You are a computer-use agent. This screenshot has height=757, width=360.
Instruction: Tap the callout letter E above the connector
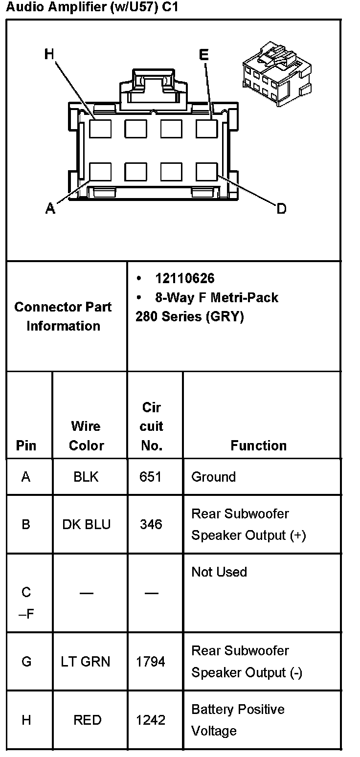click(204, 54)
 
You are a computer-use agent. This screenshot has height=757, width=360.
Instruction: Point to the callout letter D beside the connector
click(281, 209)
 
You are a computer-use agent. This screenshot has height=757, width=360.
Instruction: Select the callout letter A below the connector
click(50, 209)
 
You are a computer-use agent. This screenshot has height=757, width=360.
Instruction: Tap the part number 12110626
click(185, 278)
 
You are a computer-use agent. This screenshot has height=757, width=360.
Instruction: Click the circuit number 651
click(151, 477)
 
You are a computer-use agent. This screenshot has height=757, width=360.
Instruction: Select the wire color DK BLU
click(87, 524)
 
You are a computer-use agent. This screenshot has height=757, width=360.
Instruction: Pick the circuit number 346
click(151, 524)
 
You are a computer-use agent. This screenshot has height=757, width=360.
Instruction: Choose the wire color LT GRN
click(86, 662)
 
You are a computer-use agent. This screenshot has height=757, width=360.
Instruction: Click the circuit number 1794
click(151, 662)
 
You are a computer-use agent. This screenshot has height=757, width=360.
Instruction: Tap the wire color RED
click(87, 720)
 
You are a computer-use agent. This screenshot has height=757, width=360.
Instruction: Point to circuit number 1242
click(151, 720)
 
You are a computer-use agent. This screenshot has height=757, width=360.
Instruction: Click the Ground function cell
click(213, 477)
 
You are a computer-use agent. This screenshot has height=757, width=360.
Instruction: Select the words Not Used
click(219, 572)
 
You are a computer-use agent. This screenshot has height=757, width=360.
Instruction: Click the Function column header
click(258, 445)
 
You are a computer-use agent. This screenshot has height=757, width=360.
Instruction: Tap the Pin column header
click(26, 445)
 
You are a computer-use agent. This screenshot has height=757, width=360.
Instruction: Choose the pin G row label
click(26, 662)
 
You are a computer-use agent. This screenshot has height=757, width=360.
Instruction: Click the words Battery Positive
click(238, 709)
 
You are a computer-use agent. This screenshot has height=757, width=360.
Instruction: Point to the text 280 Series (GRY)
click(189, 316)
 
